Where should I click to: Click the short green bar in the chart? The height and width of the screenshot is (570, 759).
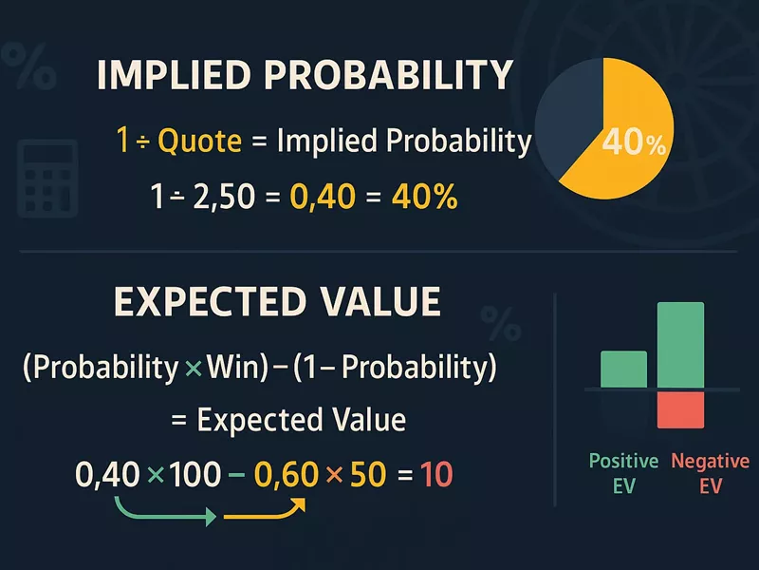(623, 370)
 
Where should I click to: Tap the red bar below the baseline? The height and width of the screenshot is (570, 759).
(680, 408)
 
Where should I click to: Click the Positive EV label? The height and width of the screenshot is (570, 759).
(623, 473)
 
